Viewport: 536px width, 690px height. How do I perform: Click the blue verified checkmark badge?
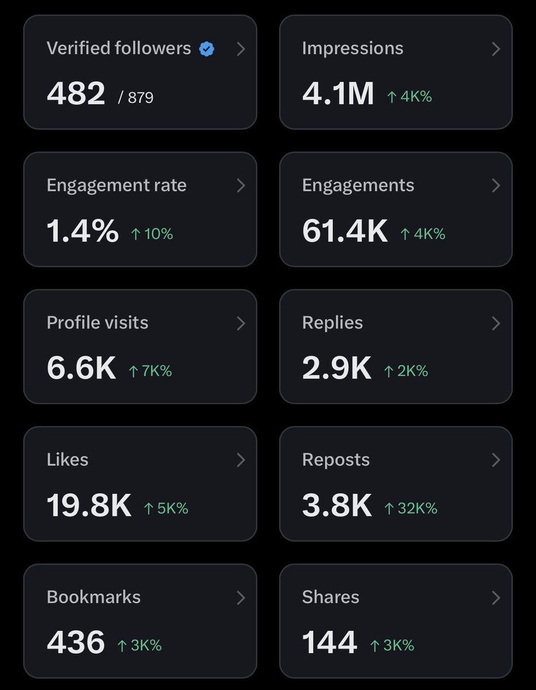pyautogui.click(x=207, y=49)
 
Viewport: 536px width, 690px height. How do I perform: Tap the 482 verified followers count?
pyautogui.click(x=76, y=94)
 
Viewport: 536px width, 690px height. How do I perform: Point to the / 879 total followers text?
pyautogui.click(x=136, y=98)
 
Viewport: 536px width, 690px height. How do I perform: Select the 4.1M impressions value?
pyautogui.click(x=338, y=94)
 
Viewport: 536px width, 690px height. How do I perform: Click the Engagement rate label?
pyautogui.click(x=117, y=185)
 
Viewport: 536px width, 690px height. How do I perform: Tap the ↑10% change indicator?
pyautogui.click(x=152, y=234)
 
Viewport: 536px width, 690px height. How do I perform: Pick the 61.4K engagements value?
pyautogui.click(x=345, y=231)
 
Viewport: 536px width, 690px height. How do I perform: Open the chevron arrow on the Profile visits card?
pyautogui.click(x=241, y=324)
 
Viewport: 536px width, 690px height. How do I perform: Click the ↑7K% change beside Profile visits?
pyautogui.click(x=150, y=371)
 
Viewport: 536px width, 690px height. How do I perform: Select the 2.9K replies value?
pyautogui.click(x=337, y=369)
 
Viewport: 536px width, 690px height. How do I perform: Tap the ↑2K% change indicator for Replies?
pyautogui.click(x=406, y=371)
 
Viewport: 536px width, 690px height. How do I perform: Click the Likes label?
pyautogui.click(x=67, y=460)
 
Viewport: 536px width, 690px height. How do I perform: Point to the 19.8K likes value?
pyautogui.click(x=89, y=506)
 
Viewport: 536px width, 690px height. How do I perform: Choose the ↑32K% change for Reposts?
pyautogui.click(x=411, y=508)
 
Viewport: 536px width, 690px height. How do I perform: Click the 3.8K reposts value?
pyautogui.click(x=337, y=506)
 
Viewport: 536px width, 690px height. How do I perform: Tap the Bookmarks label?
pyautogui.click(x=94, y=597)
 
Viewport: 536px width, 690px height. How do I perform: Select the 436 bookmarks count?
pyautogui.click(x=76, y=643)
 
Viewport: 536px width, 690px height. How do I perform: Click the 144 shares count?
pyautogui.click(x=329, y=643)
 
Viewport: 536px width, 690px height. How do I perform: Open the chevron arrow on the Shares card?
pyautogui.click(x=496, y=599)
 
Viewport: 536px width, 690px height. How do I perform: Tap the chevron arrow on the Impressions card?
pyautogui.click(x=496, y=49)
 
